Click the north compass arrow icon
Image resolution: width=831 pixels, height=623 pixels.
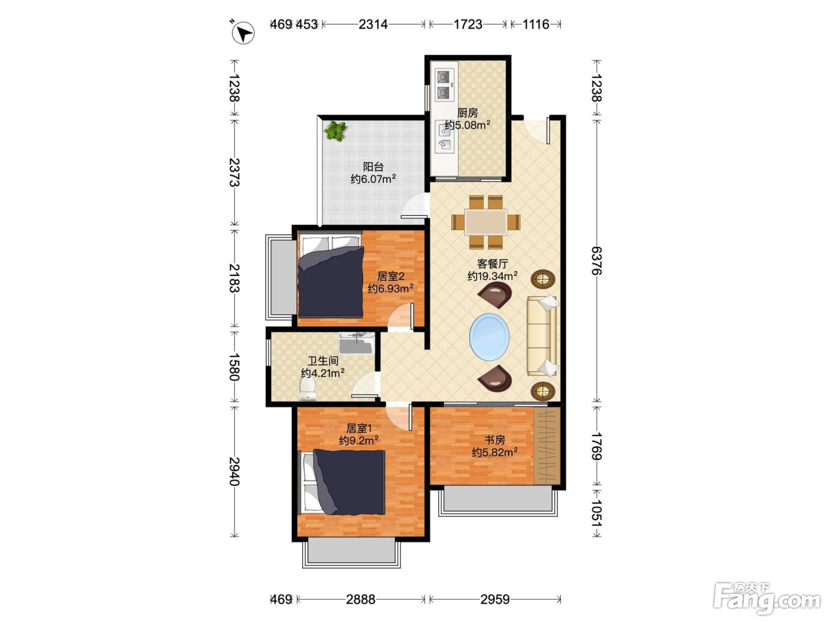point(243,33)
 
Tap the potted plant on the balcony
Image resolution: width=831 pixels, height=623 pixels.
point(335,131)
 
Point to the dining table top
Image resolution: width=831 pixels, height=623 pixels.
point(486,222)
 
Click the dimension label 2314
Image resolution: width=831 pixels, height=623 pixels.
point(373,24)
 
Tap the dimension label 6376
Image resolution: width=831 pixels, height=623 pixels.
point(597,261)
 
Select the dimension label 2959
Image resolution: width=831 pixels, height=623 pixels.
point(495,599)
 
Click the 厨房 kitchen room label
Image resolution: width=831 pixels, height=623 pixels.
point(467,113)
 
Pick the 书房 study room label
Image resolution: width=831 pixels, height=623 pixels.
point(494,440)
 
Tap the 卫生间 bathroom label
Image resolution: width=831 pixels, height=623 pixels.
point(322,361)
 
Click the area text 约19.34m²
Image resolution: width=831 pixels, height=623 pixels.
point(492,276)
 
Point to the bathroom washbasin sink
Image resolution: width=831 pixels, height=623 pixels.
point(356,343)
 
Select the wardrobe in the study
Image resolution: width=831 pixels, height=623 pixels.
point(547,445)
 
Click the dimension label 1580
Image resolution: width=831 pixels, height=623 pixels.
point(234,367)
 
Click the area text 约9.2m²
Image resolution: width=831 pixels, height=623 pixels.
point(359,440)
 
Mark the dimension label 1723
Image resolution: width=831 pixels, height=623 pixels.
point(468,24)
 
